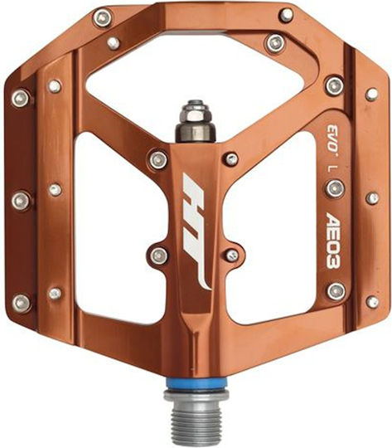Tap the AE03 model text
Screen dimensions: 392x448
[x=333, y=241]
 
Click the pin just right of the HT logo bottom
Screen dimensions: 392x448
[x=232, y=256]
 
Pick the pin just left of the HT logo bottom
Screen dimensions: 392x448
[x=159, y=256]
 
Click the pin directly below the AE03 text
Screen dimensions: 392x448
[x=336, y=291]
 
